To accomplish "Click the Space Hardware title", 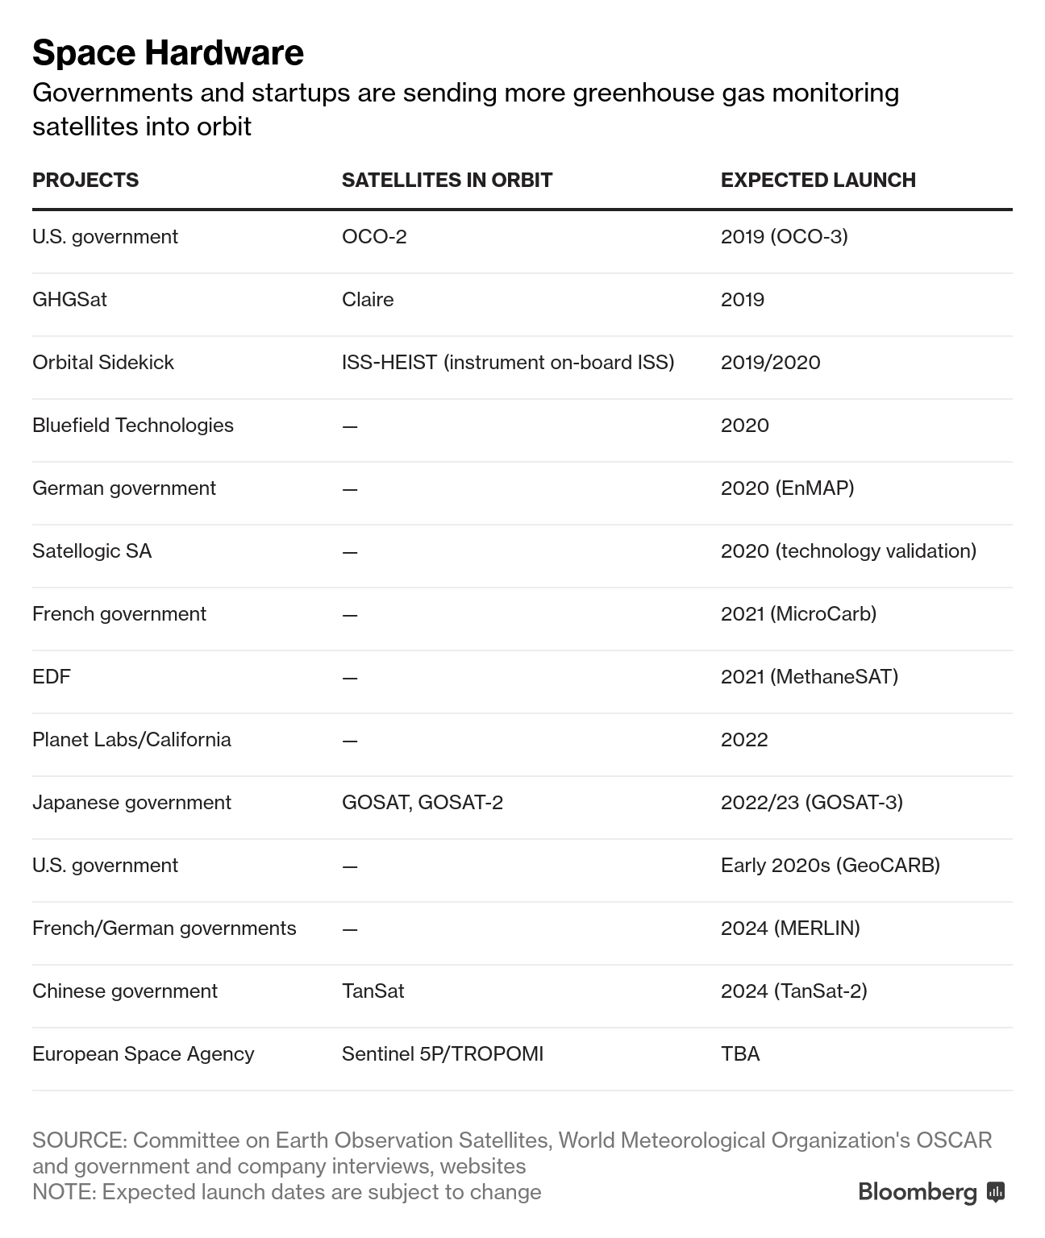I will (x=168, y=53).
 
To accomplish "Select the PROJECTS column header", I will (x=85, y=180).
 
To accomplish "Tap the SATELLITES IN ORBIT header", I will (x=447, y=180).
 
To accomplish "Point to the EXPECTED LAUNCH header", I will (x=818, y=180).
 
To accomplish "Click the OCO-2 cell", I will (x=374, y=237).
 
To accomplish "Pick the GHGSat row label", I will (x=69, y=300).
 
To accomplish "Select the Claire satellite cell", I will (x=368, y=300).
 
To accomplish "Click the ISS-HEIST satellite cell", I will (x=507, y=363).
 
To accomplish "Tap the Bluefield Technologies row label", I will (x=133, y=426).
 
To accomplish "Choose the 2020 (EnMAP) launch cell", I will (x=787, y=488).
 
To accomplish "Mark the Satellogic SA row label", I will (x=92, y=551).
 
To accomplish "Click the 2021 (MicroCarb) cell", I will (x=798, y=614).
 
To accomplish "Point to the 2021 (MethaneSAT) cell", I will (x=809, y=677).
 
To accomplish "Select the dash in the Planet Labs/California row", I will (x=349, y=741).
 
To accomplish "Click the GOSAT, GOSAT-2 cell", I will (x=422, y=803).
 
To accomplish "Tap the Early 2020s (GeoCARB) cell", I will (x=830, y=866).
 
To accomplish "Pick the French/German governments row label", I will (x=164, y=928).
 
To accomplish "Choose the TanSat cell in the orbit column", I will (x=373, y=991).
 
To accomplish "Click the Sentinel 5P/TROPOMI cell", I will (x=442, y=1054).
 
